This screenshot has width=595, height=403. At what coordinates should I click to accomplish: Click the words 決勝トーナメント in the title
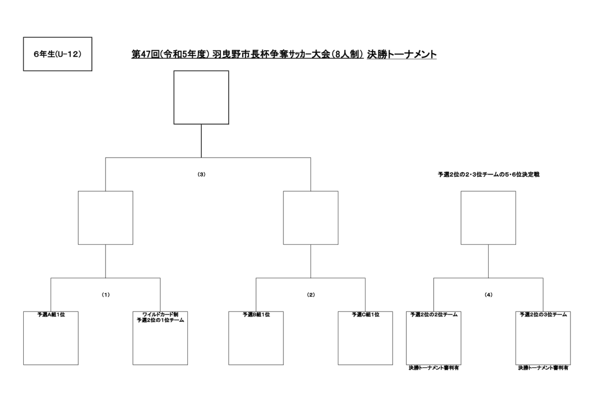coord(402,54)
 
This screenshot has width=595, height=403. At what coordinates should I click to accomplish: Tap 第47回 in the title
coord(145,54)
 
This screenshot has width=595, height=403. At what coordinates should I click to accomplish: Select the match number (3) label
coord(201,174)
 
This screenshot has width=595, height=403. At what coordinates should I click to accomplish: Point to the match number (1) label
coord(106,295)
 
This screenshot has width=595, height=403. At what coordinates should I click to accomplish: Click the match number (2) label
coord(311,295)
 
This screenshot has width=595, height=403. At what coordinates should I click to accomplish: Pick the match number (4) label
coord(489,295)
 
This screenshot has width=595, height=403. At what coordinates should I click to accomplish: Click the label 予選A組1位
coord(51,315)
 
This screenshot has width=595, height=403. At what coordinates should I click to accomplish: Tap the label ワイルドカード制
coord(160,315)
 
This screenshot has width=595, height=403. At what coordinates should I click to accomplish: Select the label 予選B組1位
coord(256,315)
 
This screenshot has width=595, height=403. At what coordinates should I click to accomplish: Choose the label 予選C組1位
coord(365,315)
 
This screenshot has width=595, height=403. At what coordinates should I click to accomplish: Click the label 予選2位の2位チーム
coord(434,315)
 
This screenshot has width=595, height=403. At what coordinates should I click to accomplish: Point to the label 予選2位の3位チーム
coord(543,315)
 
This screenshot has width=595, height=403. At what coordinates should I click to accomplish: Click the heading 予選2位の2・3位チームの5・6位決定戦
coord(489,174)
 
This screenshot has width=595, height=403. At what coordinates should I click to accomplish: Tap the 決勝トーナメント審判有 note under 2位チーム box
coord(434,368)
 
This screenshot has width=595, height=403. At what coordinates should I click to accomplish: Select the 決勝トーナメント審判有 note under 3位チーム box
coord(543,368)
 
